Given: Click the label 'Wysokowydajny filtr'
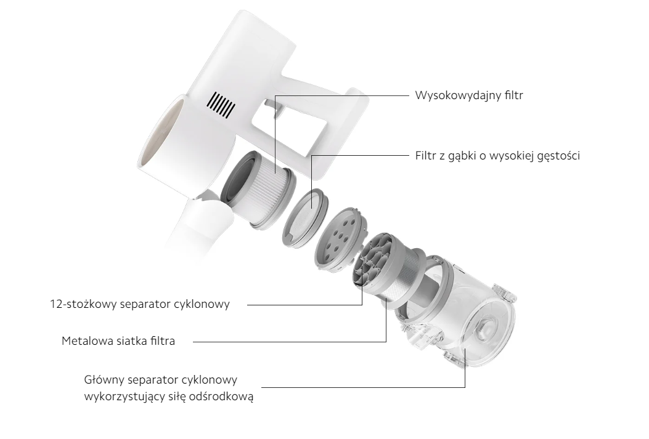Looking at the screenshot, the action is tap(469, 95).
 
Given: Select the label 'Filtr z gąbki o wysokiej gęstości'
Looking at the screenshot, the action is tap(497, 156).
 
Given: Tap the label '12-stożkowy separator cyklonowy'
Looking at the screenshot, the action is tap(140, 304).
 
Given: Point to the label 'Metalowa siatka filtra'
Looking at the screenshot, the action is tap(118, 341).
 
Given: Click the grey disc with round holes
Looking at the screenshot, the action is tap(340, 240).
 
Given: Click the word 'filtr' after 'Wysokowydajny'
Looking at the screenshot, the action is tap(514, 95).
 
